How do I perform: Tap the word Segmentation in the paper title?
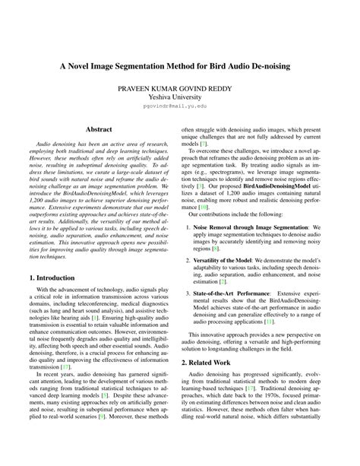[x=154, y=65]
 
